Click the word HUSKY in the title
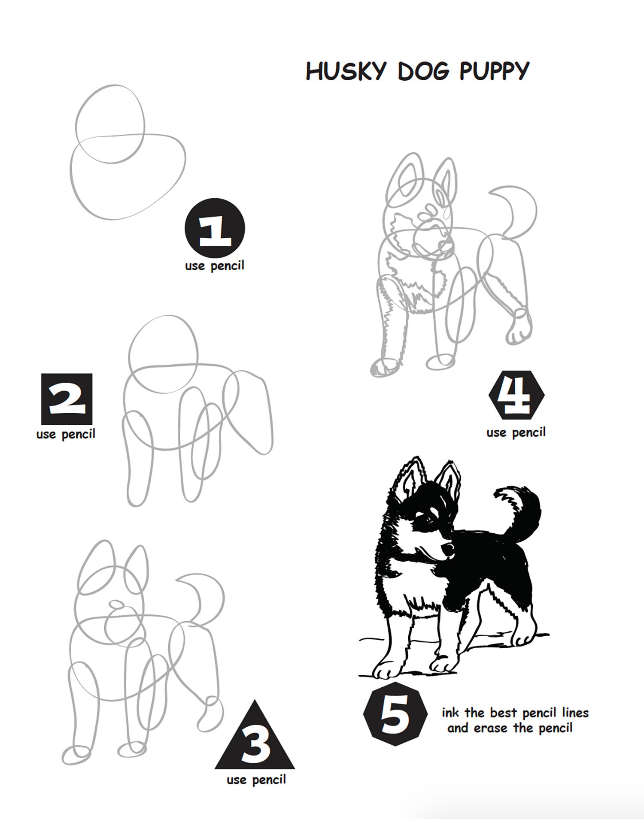[x=346, y=71]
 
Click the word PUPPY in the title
[x=494, y=71]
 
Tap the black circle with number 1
[x=215, y=228]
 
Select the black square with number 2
[x=67, y=399]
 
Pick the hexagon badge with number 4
[x=516, y=395]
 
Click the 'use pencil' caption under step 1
[x=215, y=266]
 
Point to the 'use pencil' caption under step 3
[x=256, y=780]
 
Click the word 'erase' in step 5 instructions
[x=491, y=728]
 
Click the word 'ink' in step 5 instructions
[x=450, y=713]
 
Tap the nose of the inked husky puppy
[x=448, y=548]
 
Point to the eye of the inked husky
[x=429, y=520]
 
